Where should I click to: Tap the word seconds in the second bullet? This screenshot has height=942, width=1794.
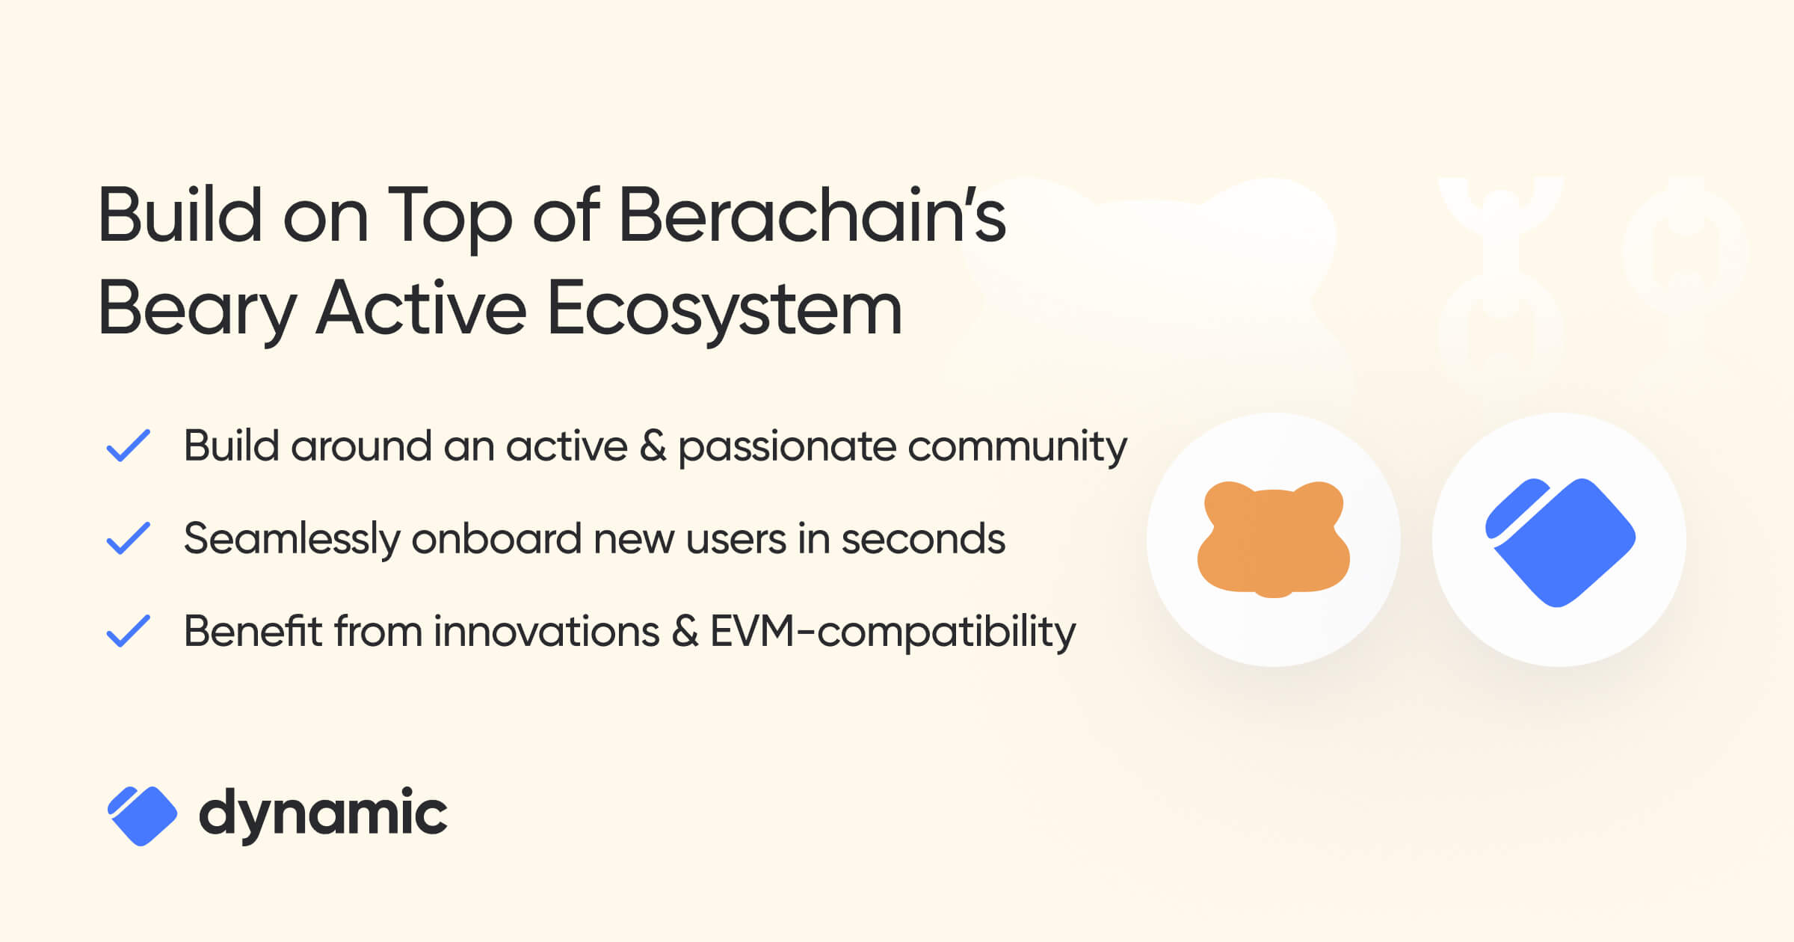[x=923, y=540]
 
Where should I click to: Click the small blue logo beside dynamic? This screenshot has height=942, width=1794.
[x=142, y=816]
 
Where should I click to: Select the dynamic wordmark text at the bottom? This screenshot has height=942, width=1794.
[x=323, y=814]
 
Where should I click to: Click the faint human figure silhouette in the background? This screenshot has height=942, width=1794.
[x=1500, y=269]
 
